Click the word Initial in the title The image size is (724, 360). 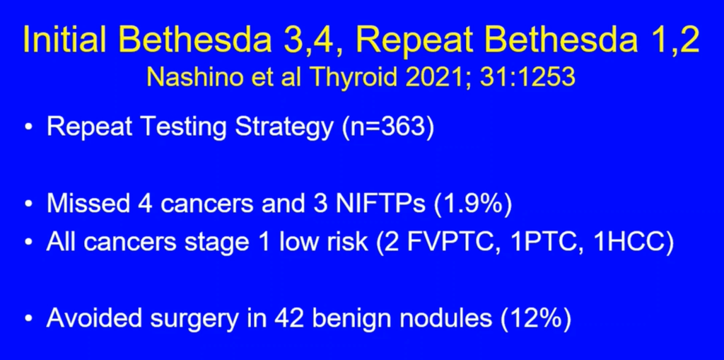tap(65, 40)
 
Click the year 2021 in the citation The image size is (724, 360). tap(437, 78)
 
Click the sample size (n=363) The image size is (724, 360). tap(388, 127)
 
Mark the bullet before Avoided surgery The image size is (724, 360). tap(30, 320)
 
